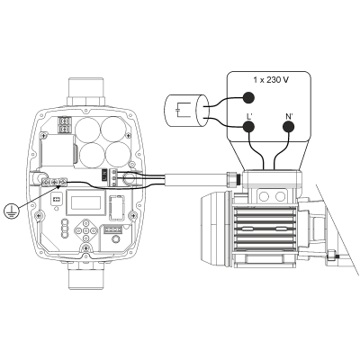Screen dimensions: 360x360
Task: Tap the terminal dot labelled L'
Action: (248, 127)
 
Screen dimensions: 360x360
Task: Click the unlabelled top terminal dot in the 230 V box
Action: (248, 101)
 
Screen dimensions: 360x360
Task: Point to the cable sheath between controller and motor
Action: (189, 175)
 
